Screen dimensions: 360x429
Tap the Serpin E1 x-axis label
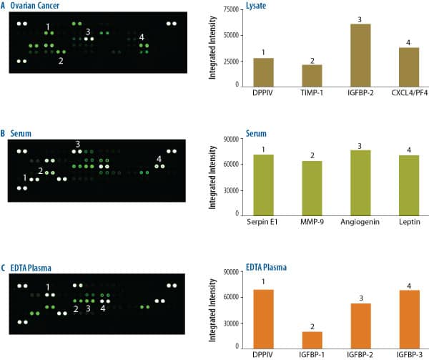click(245, 222)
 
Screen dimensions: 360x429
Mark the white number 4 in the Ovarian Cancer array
click(142, 37)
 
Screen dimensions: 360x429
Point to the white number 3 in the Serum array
click(77, 145)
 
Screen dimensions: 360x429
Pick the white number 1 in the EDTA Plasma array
click(48, 288)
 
